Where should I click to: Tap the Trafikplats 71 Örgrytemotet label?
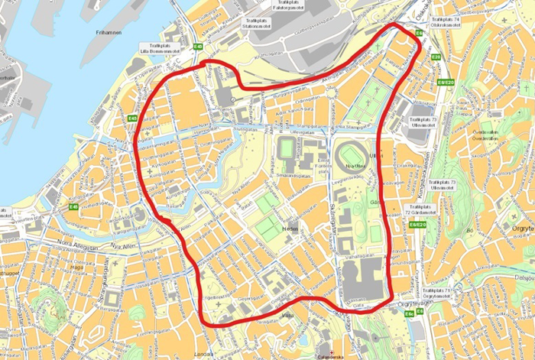(446, 294)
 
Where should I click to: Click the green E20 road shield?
(436, 58)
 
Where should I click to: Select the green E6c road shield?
(410, 313)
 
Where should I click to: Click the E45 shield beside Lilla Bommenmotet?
(199, 47)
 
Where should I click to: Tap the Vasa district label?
(287, 316)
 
